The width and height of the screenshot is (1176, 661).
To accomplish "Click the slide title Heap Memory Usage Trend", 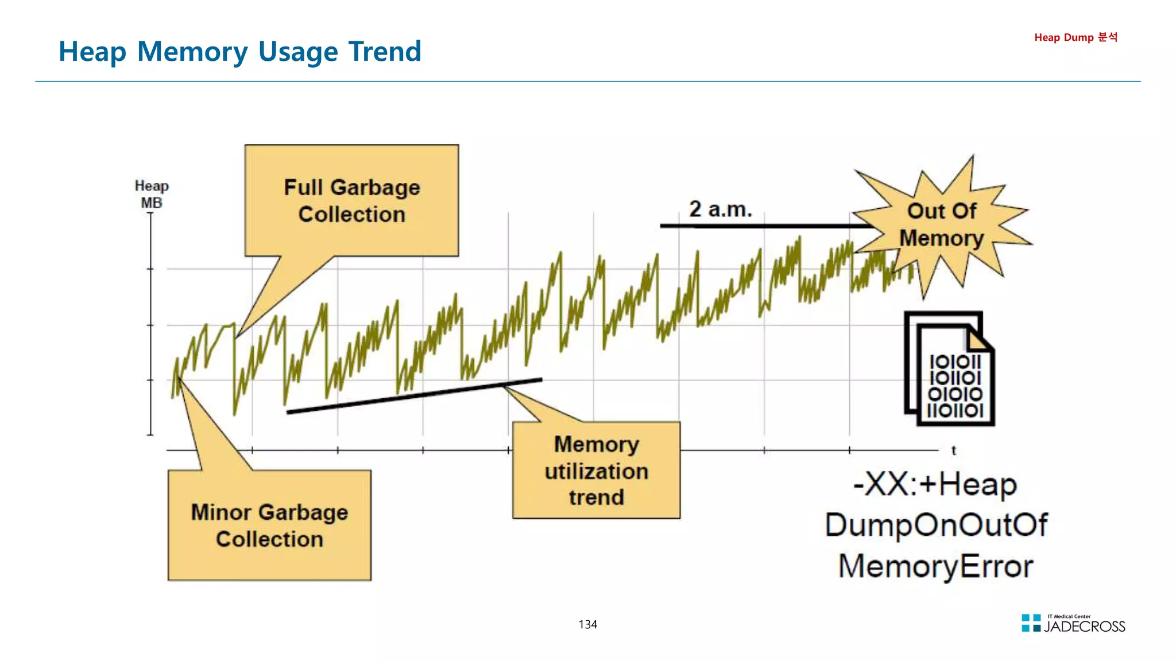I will [240, 52].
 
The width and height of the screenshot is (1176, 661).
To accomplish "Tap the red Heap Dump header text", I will [1076, 37].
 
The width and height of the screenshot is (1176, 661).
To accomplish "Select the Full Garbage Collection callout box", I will [351, 200].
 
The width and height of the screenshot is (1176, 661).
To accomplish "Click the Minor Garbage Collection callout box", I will [269, 525].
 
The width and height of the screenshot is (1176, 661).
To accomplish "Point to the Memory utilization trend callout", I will [596, 471].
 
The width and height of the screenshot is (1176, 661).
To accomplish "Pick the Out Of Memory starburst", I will [942, 225].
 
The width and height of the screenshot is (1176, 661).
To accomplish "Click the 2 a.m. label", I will [720, 209].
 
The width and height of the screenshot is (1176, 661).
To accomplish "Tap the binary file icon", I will [950, 370].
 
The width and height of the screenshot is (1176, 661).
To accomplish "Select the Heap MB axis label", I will [152, 194].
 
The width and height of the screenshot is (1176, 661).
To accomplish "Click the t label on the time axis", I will [954, 450].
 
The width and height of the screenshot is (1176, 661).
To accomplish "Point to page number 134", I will [587, 624].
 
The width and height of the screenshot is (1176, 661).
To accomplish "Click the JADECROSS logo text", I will [1084, 627].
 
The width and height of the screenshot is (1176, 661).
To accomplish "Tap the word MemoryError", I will [935, 566].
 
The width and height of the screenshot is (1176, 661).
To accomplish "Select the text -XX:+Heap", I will [935, 485].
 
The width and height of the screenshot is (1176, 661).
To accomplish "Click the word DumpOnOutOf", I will [936, 525].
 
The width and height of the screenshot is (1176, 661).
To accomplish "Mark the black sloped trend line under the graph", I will [413, 395].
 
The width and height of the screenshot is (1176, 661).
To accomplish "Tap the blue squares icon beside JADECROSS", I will [1031, 623].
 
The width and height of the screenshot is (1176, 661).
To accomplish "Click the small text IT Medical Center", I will [1069, 616].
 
